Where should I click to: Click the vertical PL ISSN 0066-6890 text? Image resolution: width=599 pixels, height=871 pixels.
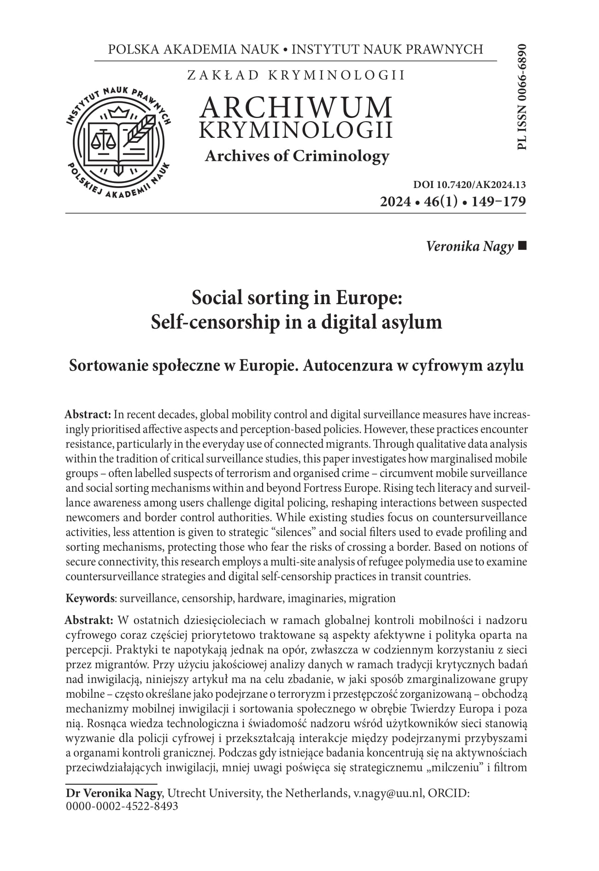(x=521, y=97)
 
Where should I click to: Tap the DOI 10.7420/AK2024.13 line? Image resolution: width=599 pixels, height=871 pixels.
(x=470, y=185)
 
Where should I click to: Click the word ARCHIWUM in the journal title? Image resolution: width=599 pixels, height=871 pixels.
(x=296, y=107)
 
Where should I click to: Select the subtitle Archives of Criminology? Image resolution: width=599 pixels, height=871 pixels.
(x=297, y=156)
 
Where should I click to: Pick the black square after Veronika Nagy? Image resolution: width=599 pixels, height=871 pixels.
(x=522, y=247)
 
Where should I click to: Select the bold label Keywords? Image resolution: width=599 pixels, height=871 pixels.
(x=90, y=599)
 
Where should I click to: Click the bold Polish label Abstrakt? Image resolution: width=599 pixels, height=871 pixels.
(x=88, y=620)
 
